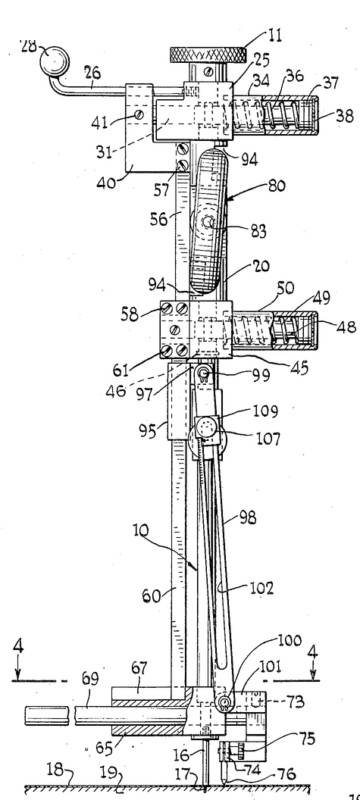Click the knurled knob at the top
coord(208,54)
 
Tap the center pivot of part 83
coord(208,223)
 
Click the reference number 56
coord(160,218)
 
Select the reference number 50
coord(285,289)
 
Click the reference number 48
coord(346,326)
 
